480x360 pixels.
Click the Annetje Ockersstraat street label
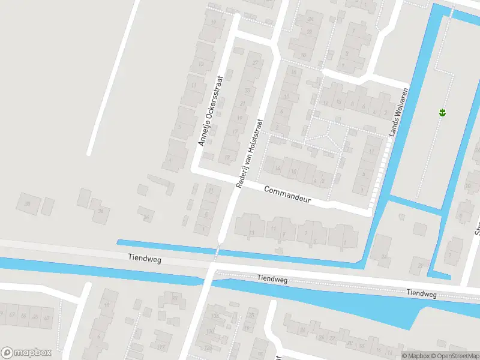pyautogui.click(x=211, y=110)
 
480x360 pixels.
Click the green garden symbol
pyautogui.click(x=442, y=112)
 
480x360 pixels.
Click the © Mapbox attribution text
pyautogui.click(x=415, y=356)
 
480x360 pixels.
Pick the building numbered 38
pyautogui.click(x=27, y=203)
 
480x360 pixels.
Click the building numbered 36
pyautogui.click(x=101, y=211)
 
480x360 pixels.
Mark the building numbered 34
pyautogui.click(x=146, y=217)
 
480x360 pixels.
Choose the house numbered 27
pyautogui.click(x=256, y=64)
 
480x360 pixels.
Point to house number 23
pyautogui.click(x=248, y=91)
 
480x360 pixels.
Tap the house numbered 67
pyautogui.click(x=11, y=315)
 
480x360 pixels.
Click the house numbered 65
pyautogui.click(x=35, y=316)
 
